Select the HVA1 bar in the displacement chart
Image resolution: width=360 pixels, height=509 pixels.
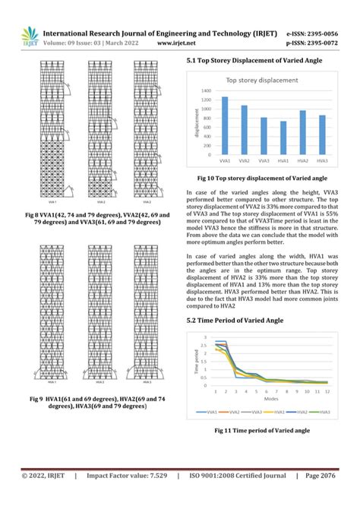[x=283, y=138]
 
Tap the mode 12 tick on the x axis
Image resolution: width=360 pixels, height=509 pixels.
[x=327, y=390]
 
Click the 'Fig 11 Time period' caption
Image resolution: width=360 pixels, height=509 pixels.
[x=262, y=431]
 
